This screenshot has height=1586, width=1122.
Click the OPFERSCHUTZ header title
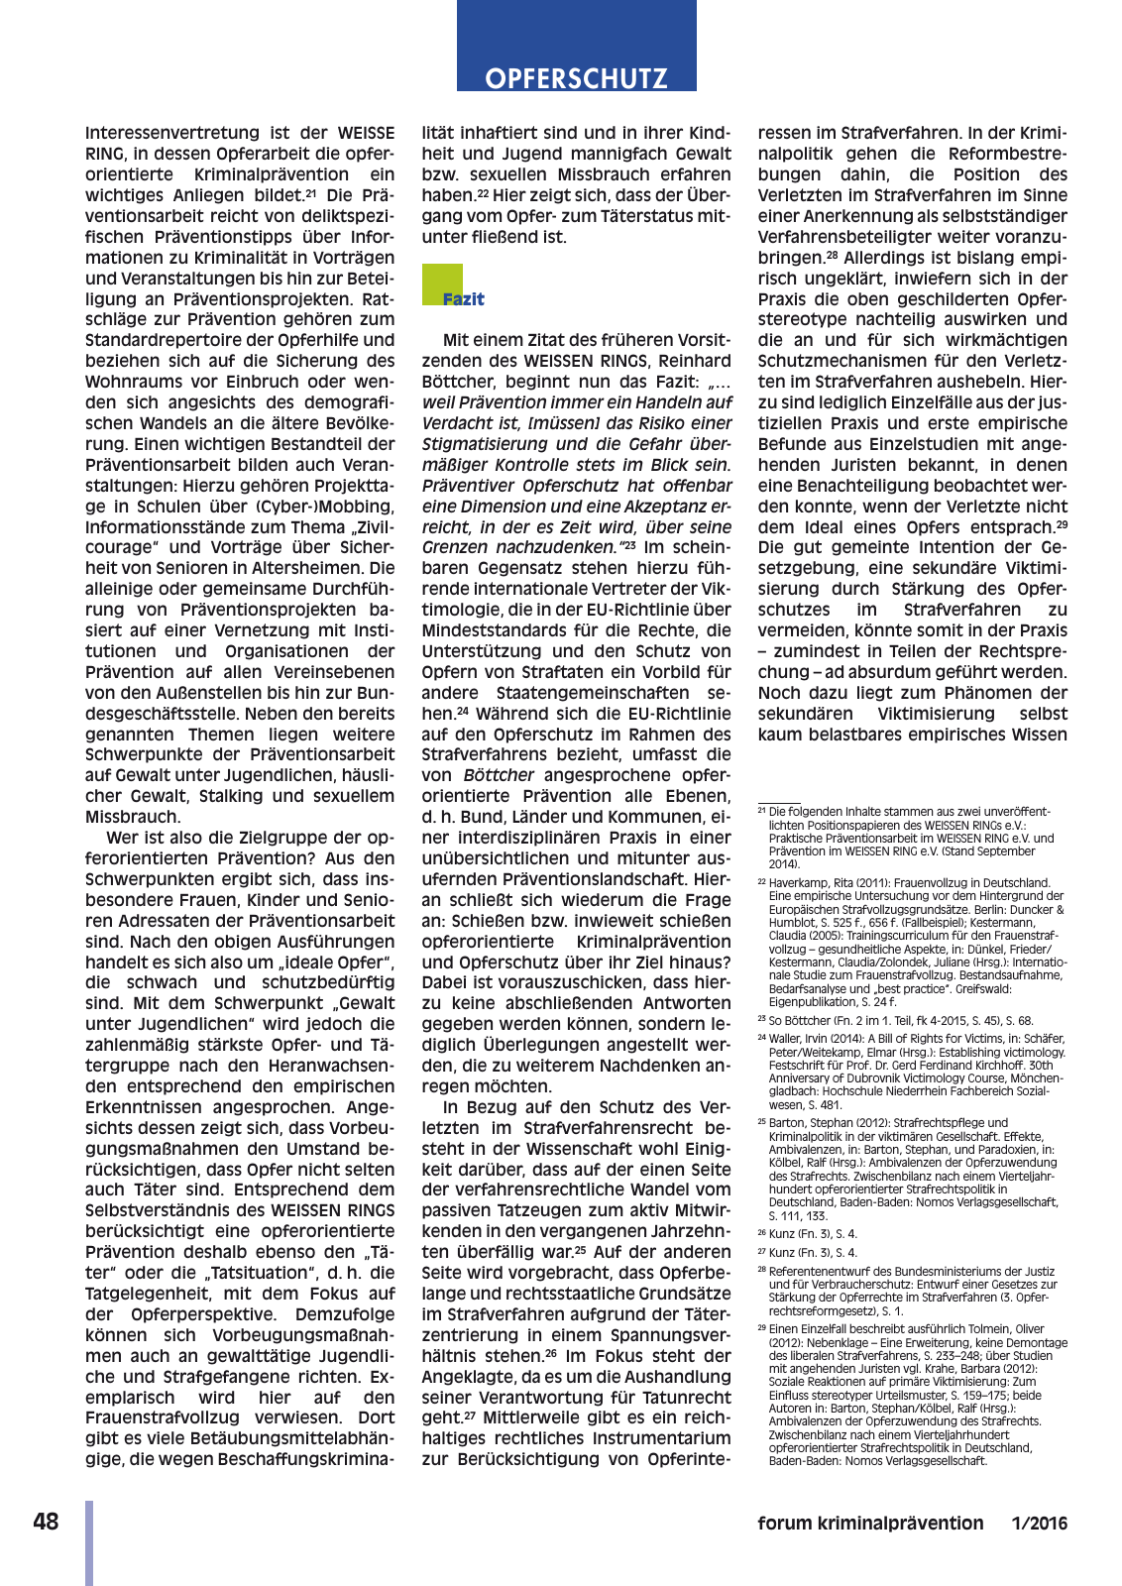[576, 78]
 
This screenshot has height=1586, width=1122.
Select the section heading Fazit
[463, 298]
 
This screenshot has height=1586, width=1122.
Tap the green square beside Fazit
[442, 283]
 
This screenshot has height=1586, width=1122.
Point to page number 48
[46, 1522]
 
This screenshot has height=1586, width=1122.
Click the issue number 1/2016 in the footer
[1040, 1524]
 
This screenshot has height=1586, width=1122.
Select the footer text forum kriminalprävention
[870, 1524]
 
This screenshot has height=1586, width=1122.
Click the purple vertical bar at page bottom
[89, 1542]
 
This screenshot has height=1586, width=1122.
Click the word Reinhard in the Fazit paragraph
[692, 361]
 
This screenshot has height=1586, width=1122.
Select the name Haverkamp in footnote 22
[798, 882]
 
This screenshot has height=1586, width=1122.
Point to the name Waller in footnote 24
[785, 1038]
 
